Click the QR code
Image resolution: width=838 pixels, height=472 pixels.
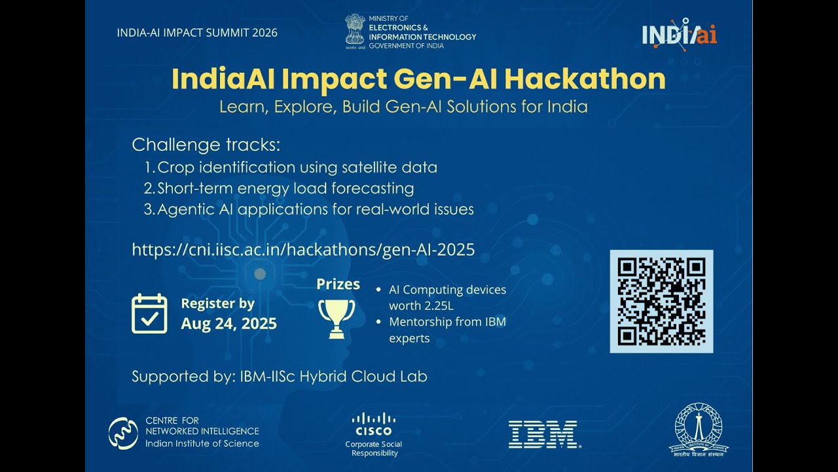pos(661,302)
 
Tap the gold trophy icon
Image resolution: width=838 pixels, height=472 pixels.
pos(337,318)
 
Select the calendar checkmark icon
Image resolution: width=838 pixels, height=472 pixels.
pos(149,313)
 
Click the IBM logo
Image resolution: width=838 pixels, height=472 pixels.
pos(543,434)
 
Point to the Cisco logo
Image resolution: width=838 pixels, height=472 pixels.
pos(373,424)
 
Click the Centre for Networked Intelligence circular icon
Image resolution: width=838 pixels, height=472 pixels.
pos(123,433)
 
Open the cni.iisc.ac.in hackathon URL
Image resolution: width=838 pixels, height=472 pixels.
pos(303,250)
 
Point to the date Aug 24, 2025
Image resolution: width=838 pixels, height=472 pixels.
pos(228,323)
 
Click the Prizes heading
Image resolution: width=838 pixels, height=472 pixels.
pos(338,284)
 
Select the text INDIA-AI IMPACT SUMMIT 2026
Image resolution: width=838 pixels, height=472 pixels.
pos(197,33)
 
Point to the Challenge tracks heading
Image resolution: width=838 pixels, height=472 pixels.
pos(206,144)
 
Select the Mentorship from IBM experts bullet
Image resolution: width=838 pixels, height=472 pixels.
pos(447,330)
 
